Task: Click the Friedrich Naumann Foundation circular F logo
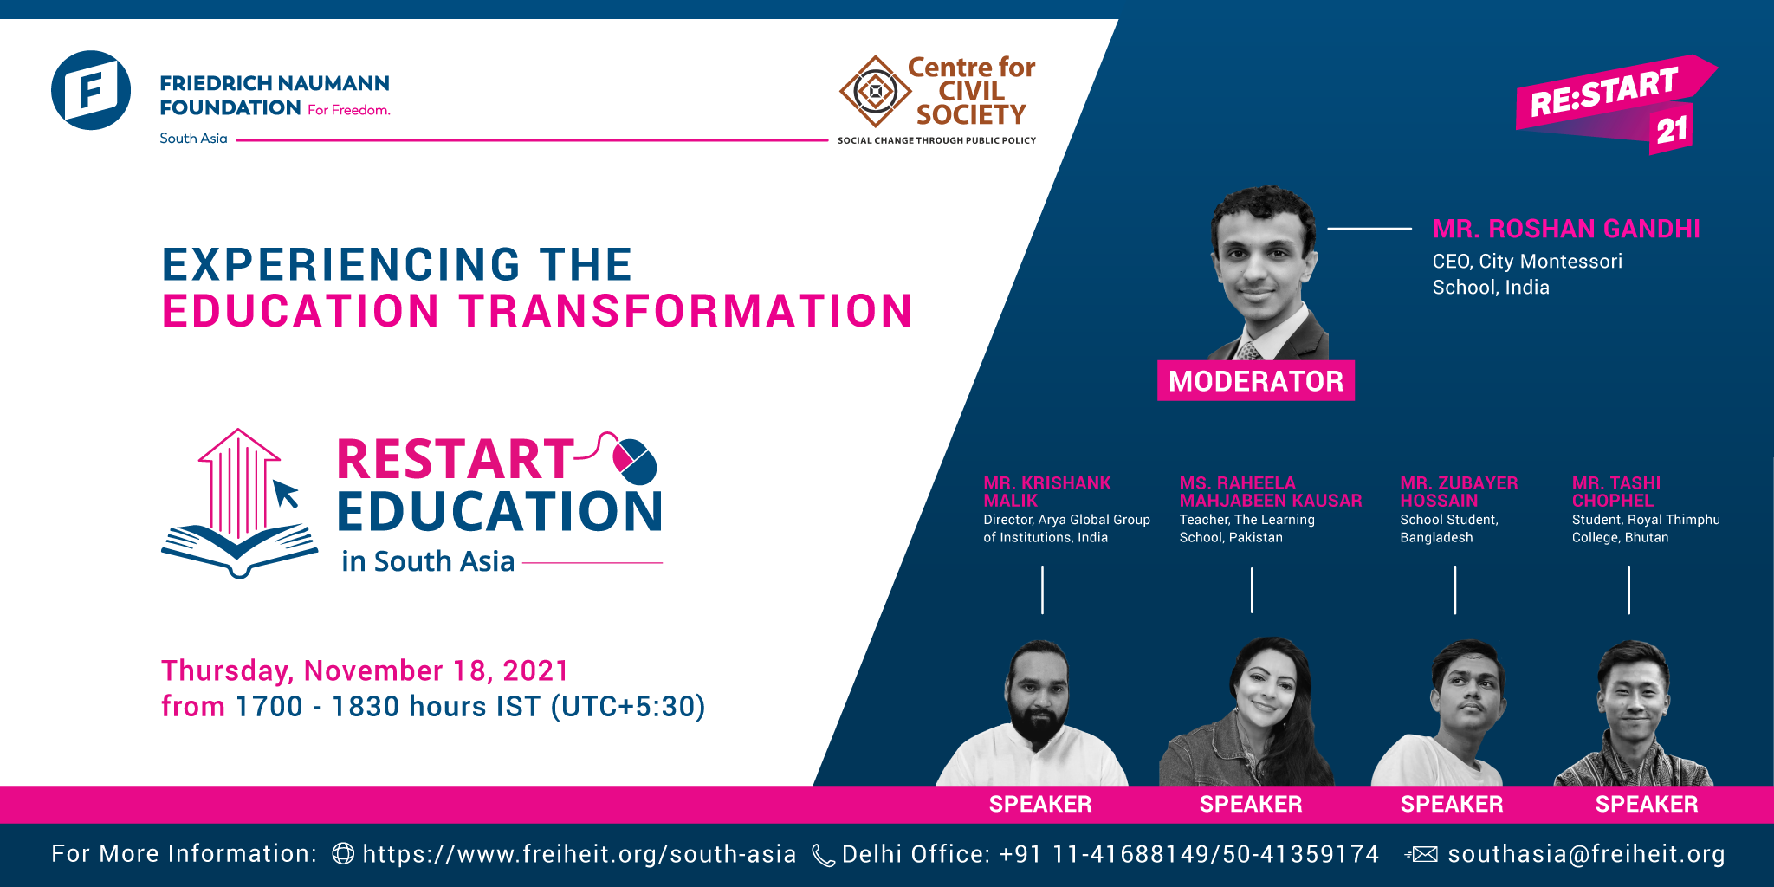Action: click(91, 90)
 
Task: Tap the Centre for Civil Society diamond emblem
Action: click(876, 91)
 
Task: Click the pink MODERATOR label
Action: click(1255, 381)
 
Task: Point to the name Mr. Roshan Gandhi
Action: click(1566, 229)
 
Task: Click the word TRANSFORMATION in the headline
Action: click(685, 312)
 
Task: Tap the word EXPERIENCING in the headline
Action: click(341, 264)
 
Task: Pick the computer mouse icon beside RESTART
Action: click(635, 460)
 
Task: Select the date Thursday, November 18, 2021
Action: click(365, 670)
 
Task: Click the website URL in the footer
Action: click(579, 854)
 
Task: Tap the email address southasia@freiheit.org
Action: click(1586, 854)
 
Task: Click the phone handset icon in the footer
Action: click(822, 855)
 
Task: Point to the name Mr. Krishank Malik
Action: click(1046, 491)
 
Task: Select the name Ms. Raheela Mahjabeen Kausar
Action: click(1270, 491)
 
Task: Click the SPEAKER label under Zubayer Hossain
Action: click(1452, 805)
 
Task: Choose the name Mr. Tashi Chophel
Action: click(1615, 491)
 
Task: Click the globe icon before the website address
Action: click(343, 854)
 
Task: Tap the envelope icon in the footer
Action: click(1421, 855)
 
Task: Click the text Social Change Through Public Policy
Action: click(936, 140)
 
